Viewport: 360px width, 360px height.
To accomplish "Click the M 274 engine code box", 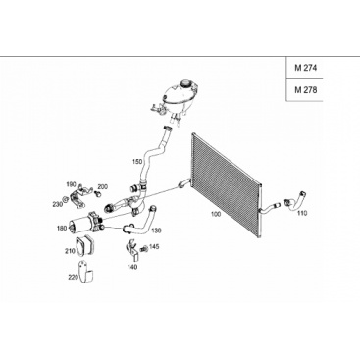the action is (x=304, y=68).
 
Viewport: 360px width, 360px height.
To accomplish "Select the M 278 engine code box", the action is (x=304, y=90).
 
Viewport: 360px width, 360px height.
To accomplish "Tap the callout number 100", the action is (x=216, y=214).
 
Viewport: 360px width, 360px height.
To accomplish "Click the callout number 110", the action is (x=302, y=214).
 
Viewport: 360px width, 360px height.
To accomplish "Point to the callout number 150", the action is (x=137, y=162).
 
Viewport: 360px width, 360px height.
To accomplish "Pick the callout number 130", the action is (x=157, y=231).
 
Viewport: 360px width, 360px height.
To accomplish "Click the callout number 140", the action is (x=132, y=267).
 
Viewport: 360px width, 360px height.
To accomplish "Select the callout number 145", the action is (x=154, y=246).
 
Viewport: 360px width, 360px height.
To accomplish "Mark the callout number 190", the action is (x=70, y=185).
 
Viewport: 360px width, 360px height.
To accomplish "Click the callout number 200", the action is (x=102, y=187).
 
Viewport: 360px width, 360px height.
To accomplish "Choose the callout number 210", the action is (x=70, y=251).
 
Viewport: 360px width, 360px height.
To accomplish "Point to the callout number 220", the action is (x=73, y=277).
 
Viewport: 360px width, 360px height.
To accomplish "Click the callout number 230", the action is (x=57, y=204).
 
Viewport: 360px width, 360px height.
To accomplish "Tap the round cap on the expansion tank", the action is (x=186, y=82).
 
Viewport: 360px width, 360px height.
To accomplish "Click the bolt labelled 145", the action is (x=143, y=250).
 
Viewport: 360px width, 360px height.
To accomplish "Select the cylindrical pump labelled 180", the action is (x=85, y=224).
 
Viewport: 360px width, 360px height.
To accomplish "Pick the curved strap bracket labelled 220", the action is (x=86, y=272).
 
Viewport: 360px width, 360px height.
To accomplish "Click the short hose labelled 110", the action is (x=295, y=200).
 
